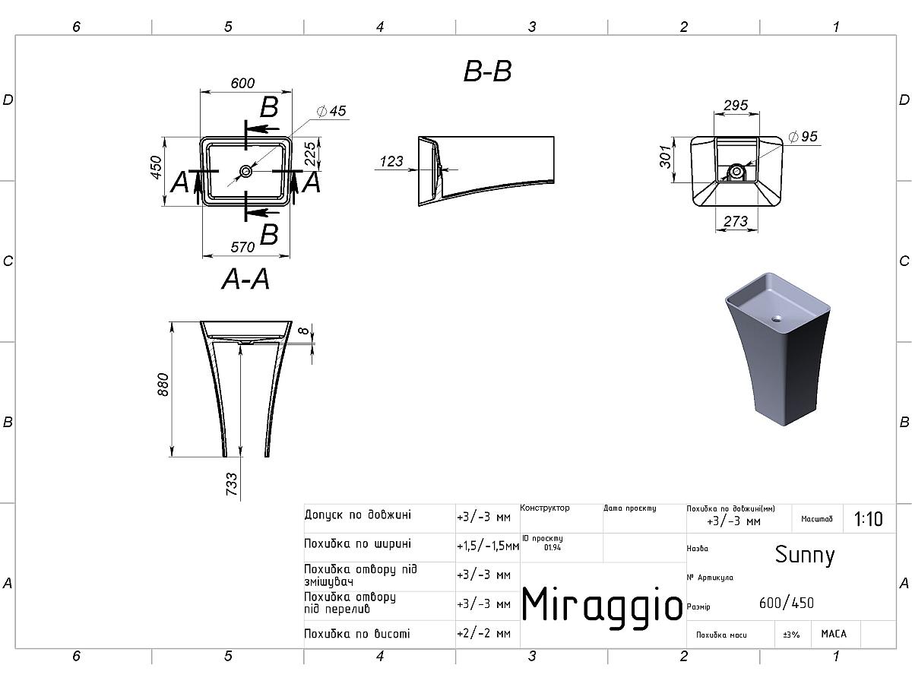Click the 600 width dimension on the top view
242,83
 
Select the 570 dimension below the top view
242,248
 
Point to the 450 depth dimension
156,167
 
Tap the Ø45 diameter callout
331,111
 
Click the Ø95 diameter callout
803,136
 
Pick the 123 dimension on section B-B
391,161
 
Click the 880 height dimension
163,385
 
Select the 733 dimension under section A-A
232,484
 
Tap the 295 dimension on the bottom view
736,105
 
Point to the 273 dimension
736,221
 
